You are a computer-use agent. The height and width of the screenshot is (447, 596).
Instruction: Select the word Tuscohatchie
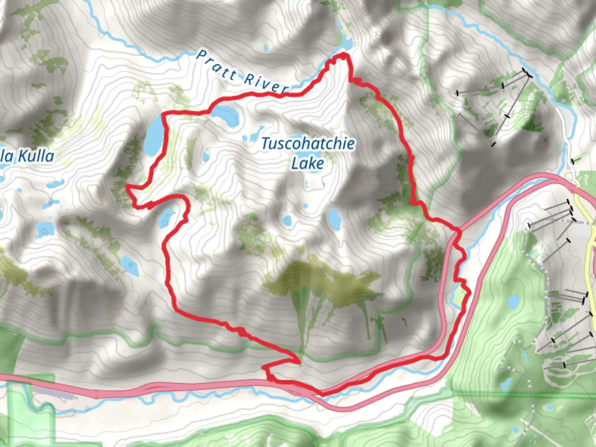tap(308, 144)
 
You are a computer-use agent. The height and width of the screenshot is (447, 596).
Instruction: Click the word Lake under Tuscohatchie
tap(308, 163)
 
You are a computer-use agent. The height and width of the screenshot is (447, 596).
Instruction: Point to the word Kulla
tap(36, 156)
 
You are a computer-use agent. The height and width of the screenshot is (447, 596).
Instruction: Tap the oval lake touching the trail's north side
tap(226, 114)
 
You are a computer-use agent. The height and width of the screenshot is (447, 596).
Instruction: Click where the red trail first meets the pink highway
tap(458, 230)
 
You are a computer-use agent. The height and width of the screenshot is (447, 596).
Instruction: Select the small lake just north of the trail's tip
tap(345, 41)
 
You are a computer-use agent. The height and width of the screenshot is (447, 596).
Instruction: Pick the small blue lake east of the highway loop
tap(514, 302)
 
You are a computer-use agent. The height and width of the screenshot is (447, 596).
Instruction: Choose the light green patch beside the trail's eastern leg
tap(458, 295)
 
